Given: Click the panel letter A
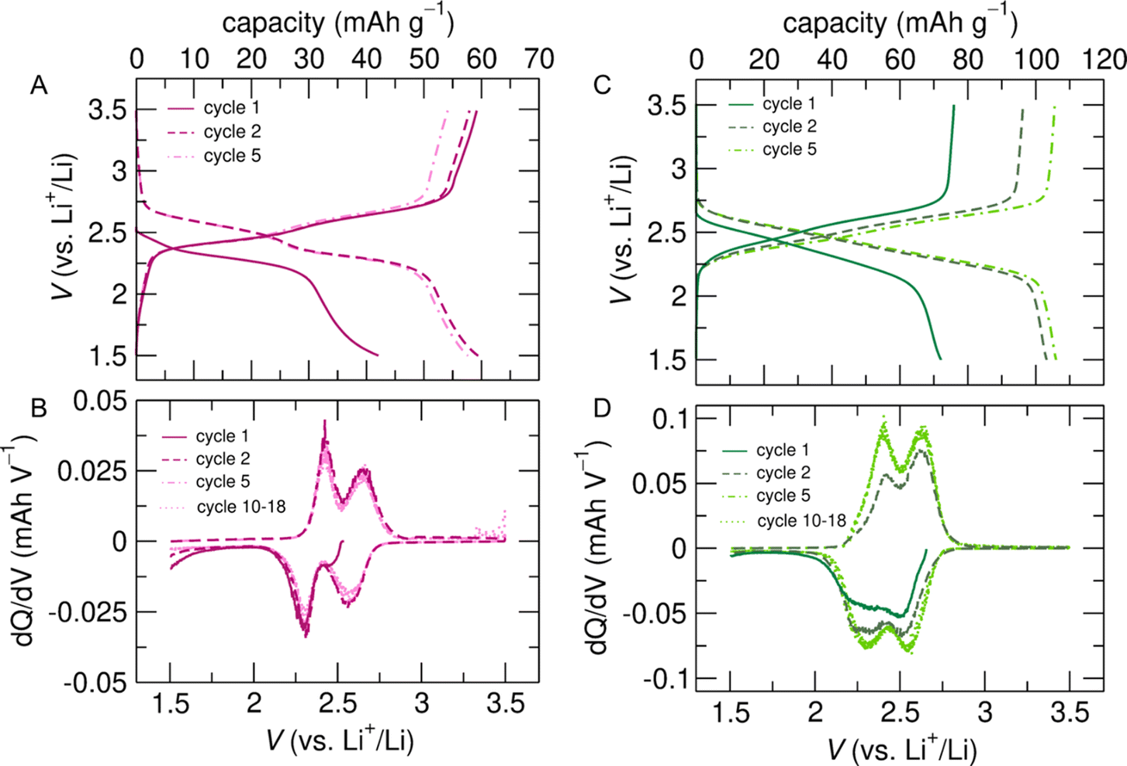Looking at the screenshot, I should tap(39, 85).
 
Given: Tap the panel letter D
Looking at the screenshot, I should tap(602, 407).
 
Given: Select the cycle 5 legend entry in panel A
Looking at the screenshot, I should tap(232, 156).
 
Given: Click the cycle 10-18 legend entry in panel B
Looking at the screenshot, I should tap(240, 507).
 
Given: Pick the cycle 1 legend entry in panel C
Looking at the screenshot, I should tap(789, 104).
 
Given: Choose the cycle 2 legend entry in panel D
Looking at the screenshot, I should tap(783, 473).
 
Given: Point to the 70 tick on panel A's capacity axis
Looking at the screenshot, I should tap(538, 59).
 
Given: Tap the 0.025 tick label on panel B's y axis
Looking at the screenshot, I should tap(95, 471).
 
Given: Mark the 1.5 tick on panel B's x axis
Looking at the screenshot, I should tap(170, 705).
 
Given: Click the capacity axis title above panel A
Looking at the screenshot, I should tap(337, 23).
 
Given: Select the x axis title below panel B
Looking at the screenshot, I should tap(340, 740).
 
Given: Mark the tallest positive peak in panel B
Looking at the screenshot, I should tap(325, 421).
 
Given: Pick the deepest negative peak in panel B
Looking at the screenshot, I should tap(306, 636).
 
